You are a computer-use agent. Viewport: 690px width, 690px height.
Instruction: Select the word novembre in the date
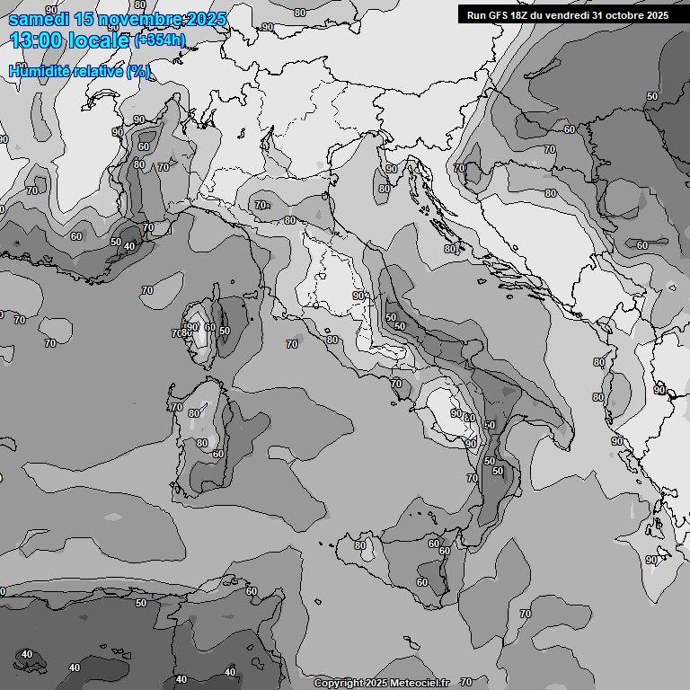(x=125, y=20)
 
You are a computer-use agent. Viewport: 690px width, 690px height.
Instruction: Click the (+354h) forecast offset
(x=160, y=40)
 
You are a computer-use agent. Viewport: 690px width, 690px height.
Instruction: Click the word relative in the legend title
(x=98, y=71)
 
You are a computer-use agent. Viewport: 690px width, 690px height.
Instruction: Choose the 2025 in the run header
(x=658, y=15)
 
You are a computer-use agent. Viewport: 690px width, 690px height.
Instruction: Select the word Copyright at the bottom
(x=339, y=684)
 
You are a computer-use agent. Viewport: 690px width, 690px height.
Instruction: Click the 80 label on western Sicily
(x=360, y=545)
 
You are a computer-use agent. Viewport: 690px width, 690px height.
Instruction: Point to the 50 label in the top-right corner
(x=652, y=96)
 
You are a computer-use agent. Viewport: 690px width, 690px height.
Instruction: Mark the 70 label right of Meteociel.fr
(x=465, y=683)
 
